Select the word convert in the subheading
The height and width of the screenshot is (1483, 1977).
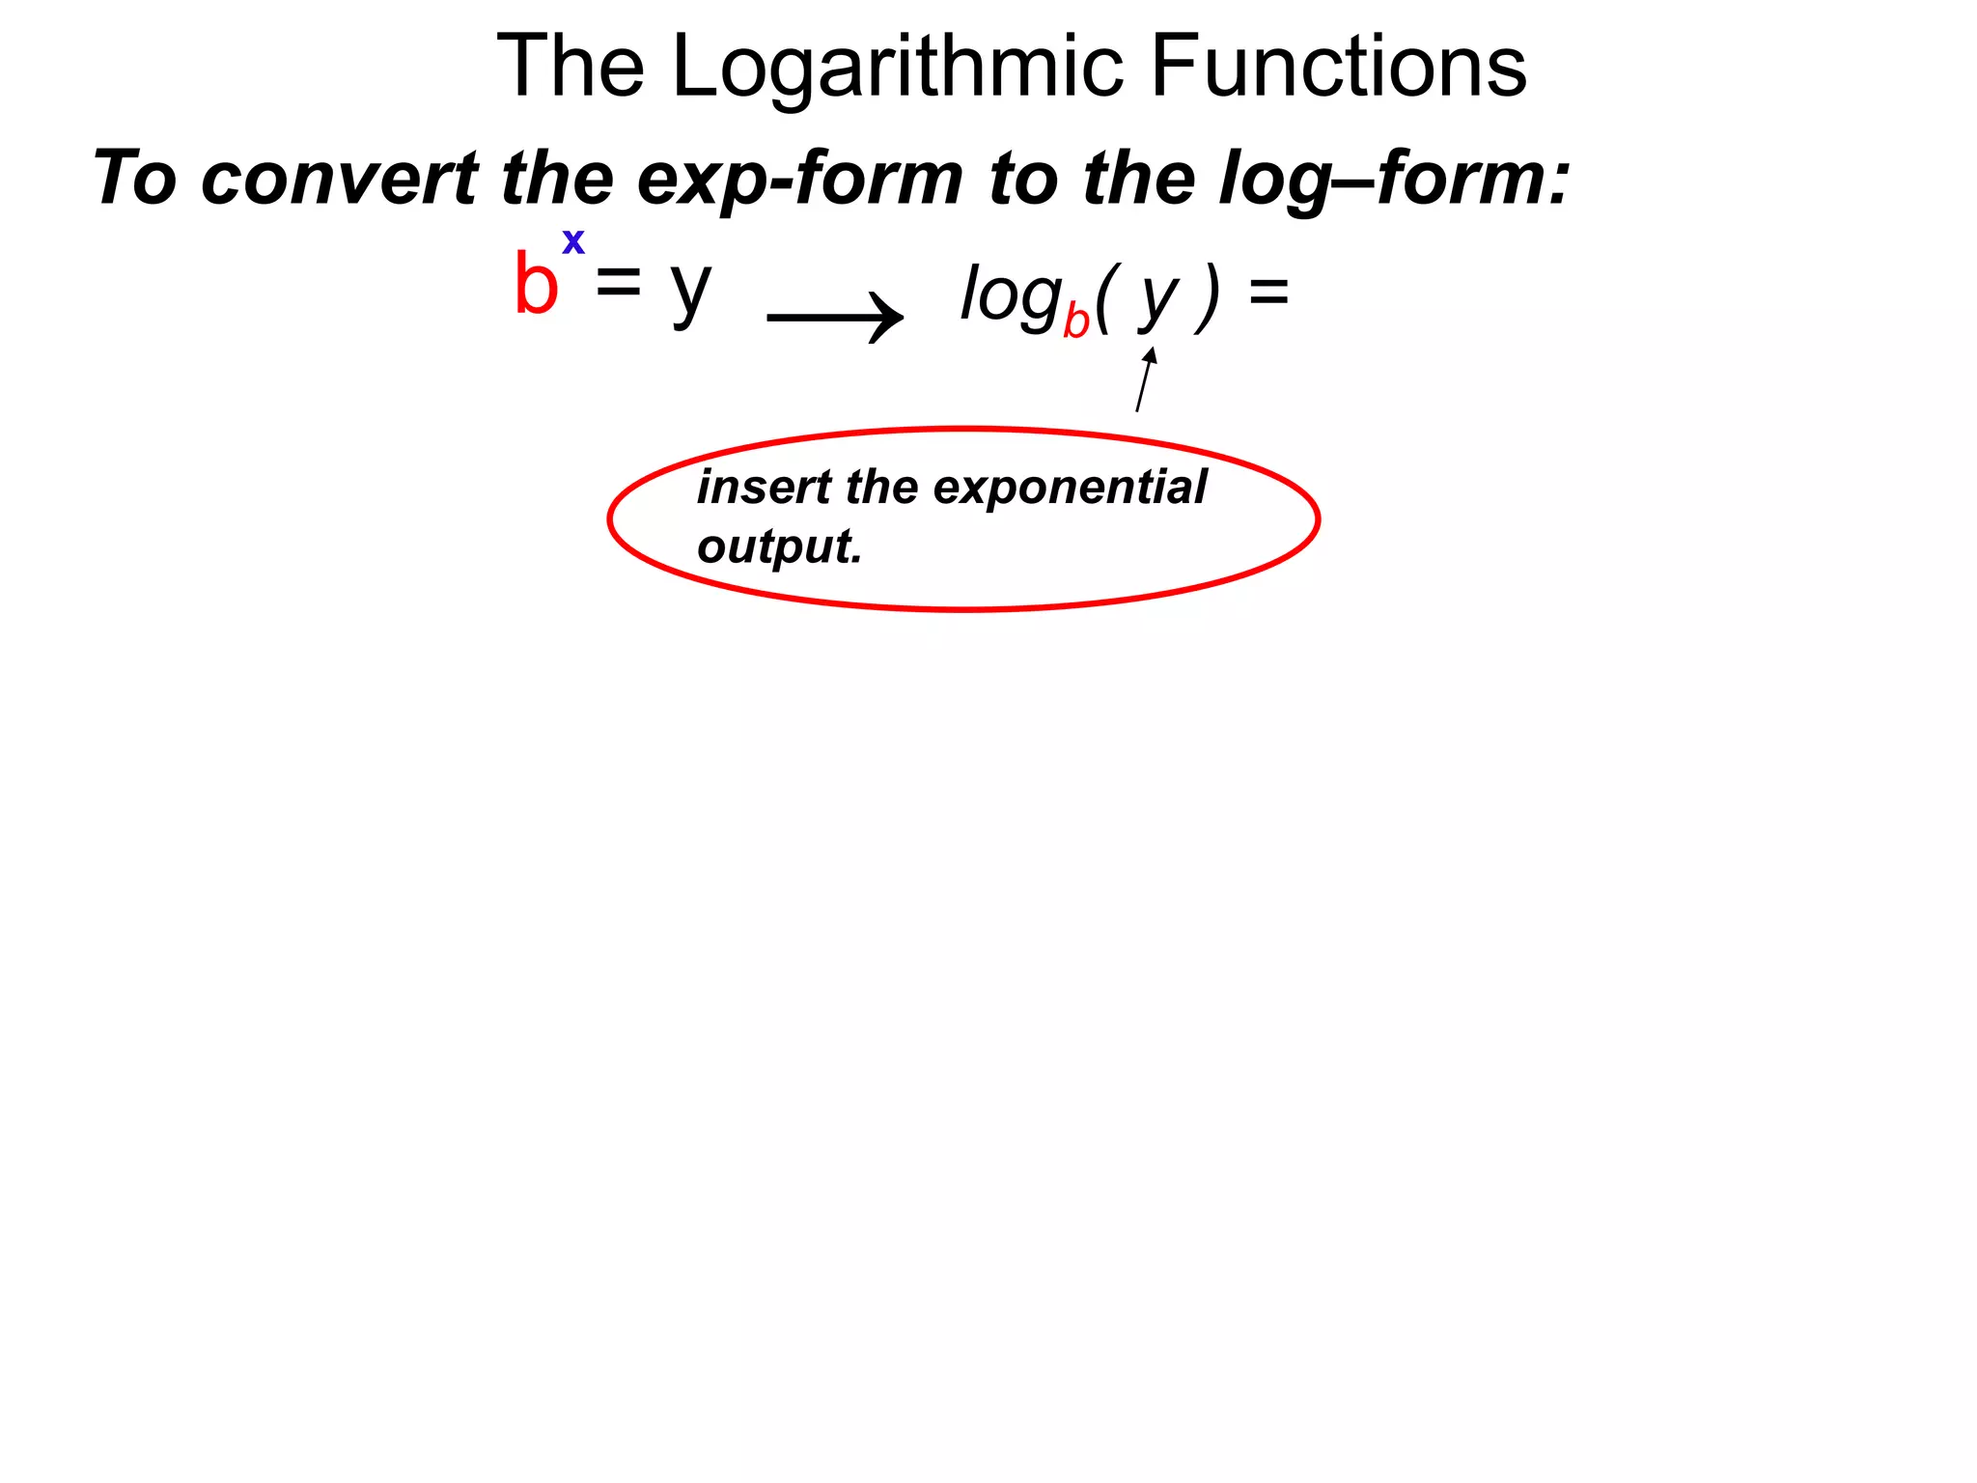coord(339,179)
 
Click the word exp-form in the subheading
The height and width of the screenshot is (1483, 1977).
coord(800,181)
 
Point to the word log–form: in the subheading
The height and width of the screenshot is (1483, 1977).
coord(1395,181)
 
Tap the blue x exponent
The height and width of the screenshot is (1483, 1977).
coord(573,240)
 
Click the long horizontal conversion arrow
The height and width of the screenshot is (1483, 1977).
coord(835,317)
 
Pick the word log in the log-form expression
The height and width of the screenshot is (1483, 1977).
coord(1010,295)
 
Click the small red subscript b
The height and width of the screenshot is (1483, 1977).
coord(1076,322)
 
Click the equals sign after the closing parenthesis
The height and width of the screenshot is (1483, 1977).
coord(1268,290)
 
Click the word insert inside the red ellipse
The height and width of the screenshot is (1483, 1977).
coord(764,487)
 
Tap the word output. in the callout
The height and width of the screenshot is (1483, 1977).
coord(779,547)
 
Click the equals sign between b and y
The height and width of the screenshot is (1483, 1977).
coord(618,282)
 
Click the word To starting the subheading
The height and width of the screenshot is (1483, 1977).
coord(135,179)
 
